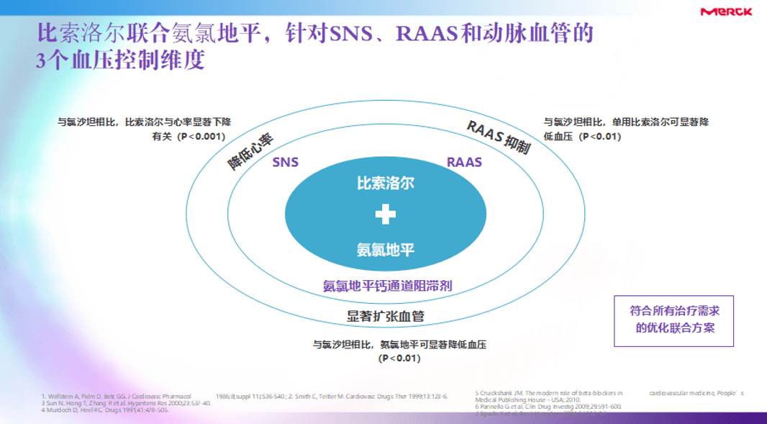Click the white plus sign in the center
[386, 215]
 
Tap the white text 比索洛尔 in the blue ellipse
[386, 183]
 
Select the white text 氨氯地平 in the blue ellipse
[386, 250]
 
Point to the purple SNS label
[285, 162]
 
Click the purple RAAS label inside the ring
[464, 162]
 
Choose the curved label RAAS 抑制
[499, 137]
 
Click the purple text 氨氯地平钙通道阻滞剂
[387, 286]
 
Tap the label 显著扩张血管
[386, 316]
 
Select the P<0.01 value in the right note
[600, 137]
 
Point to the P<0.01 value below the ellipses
[399, 358]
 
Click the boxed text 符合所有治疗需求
[674, 311]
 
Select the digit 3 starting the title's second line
[41, 60]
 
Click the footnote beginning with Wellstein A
[115, 396]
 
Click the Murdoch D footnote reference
[104, 410]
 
